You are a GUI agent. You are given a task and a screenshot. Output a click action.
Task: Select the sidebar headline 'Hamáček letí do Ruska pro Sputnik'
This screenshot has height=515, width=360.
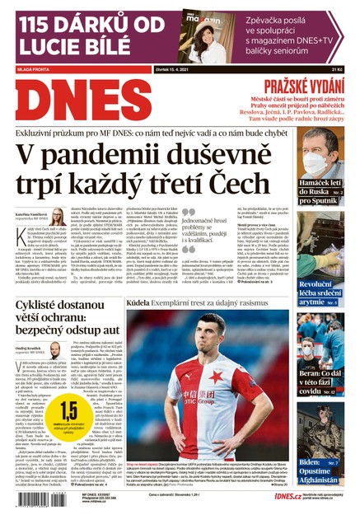pos(322,194)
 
